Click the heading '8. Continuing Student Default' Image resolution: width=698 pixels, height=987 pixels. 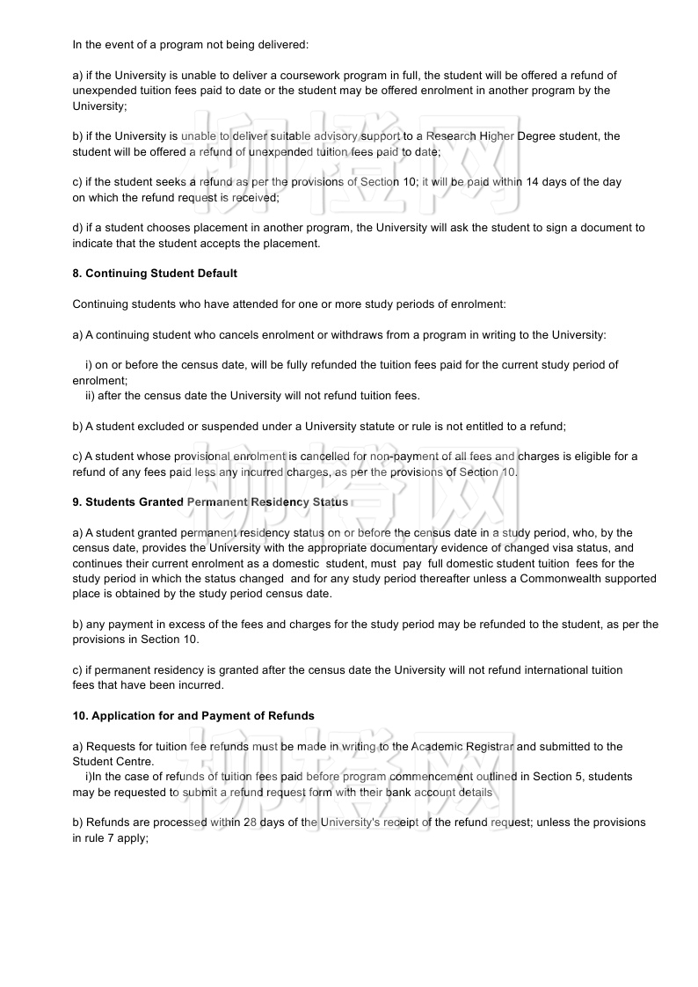155,274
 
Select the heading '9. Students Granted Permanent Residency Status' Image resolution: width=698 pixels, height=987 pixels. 210,502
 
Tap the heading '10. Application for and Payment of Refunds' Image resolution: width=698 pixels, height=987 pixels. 193,716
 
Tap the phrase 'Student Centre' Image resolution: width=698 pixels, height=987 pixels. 113,762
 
